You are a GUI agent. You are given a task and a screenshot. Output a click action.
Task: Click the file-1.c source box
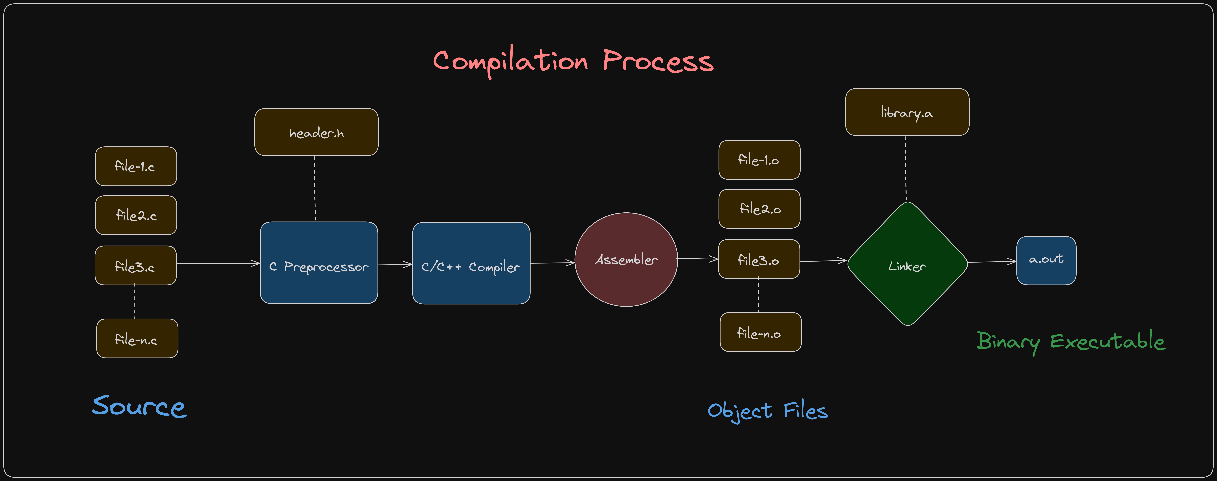pyautogui.click(x=136, y=166)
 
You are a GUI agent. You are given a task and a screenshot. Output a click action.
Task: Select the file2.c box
pyautogui.click(x=136, y=215)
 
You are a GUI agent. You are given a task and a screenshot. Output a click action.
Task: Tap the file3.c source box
pyautogui.click(x=136, y=265)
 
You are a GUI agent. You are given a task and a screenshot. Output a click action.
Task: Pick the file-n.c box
pyautogui.click(x=137, y=338)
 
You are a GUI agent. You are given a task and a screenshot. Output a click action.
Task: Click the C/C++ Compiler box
pyautogui.click(x=471, y=263)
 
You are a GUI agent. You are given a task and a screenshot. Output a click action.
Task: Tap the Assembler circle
pyautogui.click(x=626, y=260)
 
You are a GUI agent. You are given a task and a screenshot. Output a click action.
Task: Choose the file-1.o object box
pyautogui.click(x=759, y=160)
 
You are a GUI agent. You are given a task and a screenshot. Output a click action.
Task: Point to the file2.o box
pyautogui.click(x=759, y=209)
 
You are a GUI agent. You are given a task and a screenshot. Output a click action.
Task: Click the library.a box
pyautogui.click(x=907, y=112)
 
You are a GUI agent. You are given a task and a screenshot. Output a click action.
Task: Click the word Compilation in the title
pyautogui.click(x=510, y=61)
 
